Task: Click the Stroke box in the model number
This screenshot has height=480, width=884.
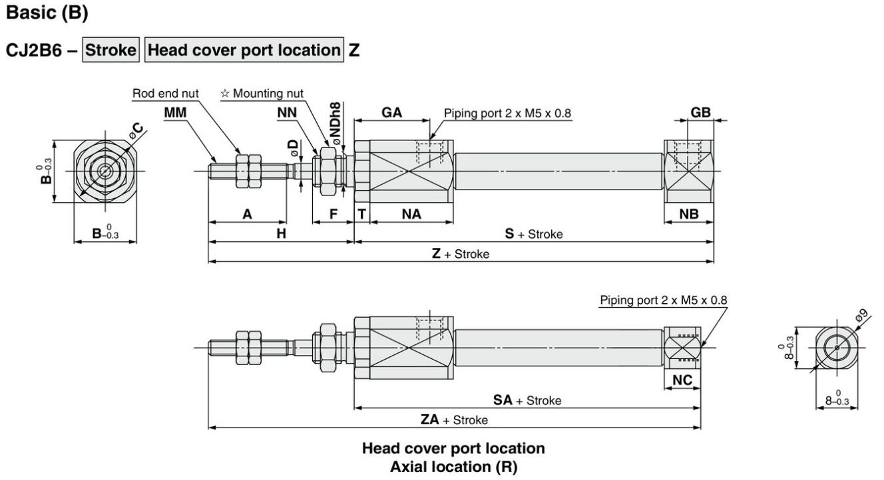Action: [110, 50]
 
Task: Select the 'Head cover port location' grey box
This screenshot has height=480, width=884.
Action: [244, 50]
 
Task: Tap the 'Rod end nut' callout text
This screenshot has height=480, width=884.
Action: [165, 93]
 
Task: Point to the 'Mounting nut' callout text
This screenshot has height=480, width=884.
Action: [262, 93]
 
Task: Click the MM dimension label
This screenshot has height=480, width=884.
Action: [175, 113]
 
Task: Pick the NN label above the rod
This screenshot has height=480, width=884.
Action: [287, 113]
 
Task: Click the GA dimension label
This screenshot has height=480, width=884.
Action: [391, 113]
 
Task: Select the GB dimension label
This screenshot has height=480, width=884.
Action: [700, 113]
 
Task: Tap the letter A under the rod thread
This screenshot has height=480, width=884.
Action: [247, 214]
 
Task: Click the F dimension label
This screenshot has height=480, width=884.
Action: [333, 214]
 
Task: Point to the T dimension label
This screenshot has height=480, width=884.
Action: [361, 214]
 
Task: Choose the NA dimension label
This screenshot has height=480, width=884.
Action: [411, 214]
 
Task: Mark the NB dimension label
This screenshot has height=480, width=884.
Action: [689, 214]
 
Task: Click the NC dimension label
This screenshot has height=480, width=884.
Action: [682, 380]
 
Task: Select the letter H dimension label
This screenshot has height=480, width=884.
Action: [281, 234]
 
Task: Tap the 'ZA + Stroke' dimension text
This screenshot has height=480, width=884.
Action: [454, 420]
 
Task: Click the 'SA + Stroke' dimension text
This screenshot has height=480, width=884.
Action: [527, 400]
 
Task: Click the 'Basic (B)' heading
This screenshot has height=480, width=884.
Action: [47, 13]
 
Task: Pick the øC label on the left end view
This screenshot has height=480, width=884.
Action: [136, 130]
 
